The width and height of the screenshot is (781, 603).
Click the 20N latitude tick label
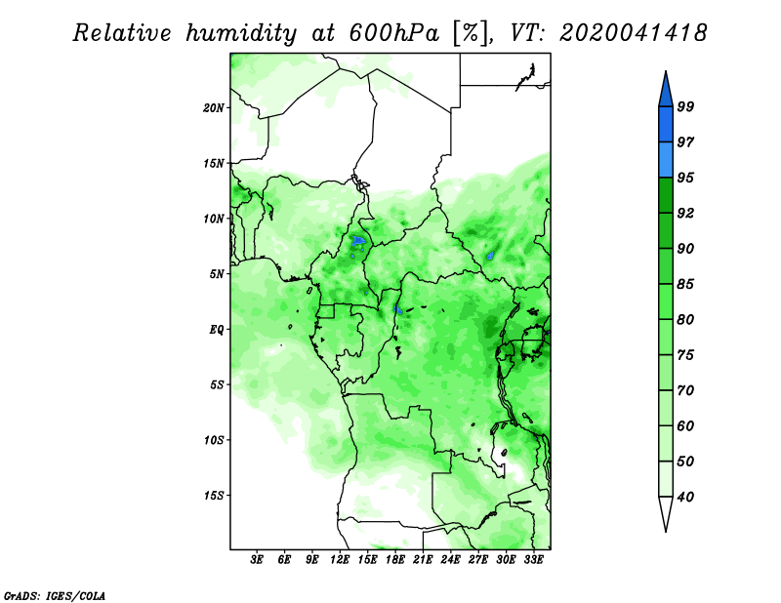pos(213,107)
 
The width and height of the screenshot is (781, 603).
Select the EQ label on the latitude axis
pos(216,329)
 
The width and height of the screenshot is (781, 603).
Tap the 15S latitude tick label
pos(213,496)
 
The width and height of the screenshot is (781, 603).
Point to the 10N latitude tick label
pos(213,219)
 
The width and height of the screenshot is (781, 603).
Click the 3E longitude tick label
pos(257,560)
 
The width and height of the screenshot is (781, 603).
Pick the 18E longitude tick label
pos(394,560)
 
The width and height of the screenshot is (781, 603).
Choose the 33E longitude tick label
pos(533,560)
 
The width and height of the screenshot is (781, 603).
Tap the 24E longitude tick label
pos(450,560)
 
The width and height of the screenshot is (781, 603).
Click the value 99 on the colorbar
pos(685,106)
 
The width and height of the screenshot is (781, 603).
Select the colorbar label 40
pos(685,497)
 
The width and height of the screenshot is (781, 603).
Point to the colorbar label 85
pos(685,284)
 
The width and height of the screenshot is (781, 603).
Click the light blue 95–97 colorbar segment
pos(666,160)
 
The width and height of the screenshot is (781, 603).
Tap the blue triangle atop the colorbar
pos(666,92)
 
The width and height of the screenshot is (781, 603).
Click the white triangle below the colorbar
pos(666,512)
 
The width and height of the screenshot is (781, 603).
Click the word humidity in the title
pos(241,33)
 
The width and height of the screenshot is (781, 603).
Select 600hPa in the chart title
pos(393,33)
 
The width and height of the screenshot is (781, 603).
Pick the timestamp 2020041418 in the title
pos(633,33)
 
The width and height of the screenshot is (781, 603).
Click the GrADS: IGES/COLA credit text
pos(55,595)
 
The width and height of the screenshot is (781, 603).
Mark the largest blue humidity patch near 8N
pos(358,241)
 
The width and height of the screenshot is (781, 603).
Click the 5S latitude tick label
pos(216,384)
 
